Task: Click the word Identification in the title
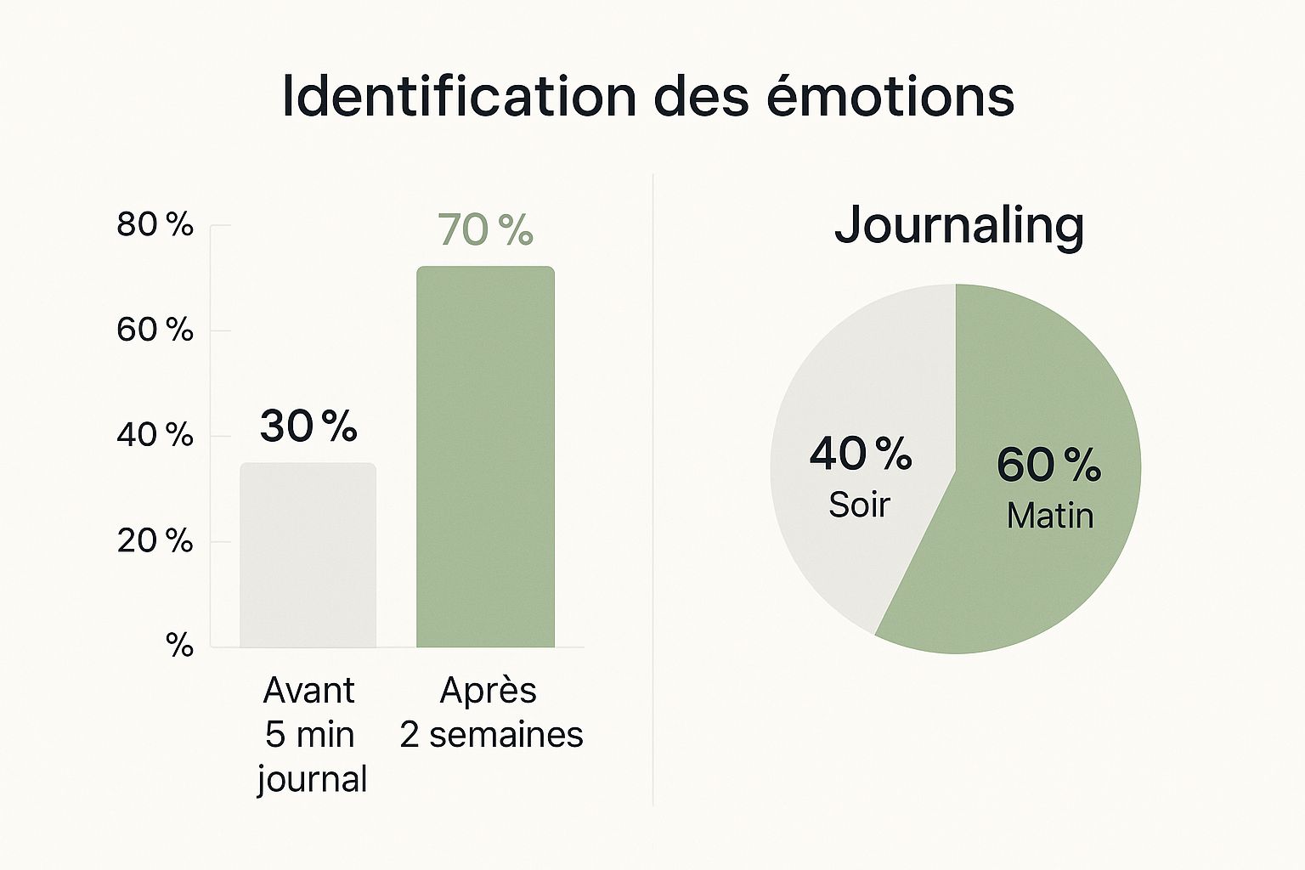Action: (459, 96)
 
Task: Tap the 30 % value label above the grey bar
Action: (308, 426)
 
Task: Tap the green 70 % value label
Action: (485, 229)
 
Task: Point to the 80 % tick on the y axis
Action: (155, 225)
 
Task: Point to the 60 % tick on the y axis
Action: (155, 330)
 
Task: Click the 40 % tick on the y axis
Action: (155, 435)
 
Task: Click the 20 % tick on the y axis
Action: (155, 540)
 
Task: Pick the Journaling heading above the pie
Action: (958, 225)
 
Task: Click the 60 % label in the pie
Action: (1048, 465)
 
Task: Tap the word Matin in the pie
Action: (1050, 516)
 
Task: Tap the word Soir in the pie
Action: (859, 505)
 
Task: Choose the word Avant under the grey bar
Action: (308, 690)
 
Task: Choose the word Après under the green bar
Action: (488, 690)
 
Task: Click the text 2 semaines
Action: (491, 735)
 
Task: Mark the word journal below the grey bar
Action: (312, 779)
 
